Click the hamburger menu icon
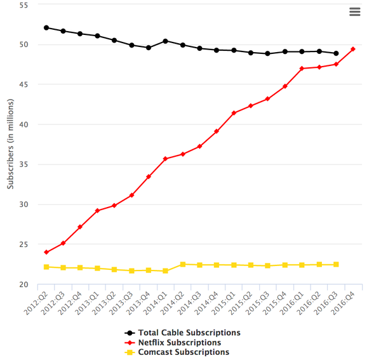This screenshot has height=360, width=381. (x=354, y=12)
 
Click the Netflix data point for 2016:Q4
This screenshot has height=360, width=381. (x=353, y=49)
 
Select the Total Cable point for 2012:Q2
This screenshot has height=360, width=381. (x=46, y=28)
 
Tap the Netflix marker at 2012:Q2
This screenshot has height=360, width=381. (x=46, y=252)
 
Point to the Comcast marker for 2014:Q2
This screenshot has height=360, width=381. (x=183, y=264)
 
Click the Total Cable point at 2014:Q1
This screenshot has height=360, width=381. (x=166, y=41)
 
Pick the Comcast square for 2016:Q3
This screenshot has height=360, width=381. (x=336, y=264)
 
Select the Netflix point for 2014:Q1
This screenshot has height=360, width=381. (x=166, y=159)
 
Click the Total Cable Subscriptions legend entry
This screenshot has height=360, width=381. (x=183, y=332)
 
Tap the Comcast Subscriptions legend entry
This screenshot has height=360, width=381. (x=180, y=352)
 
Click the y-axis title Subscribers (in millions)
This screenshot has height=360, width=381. (x=10, y=145)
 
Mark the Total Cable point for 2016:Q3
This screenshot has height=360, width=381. (x=336, y=53)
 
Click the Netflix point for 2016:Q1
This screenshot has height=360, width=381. (x=302, y=69)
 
